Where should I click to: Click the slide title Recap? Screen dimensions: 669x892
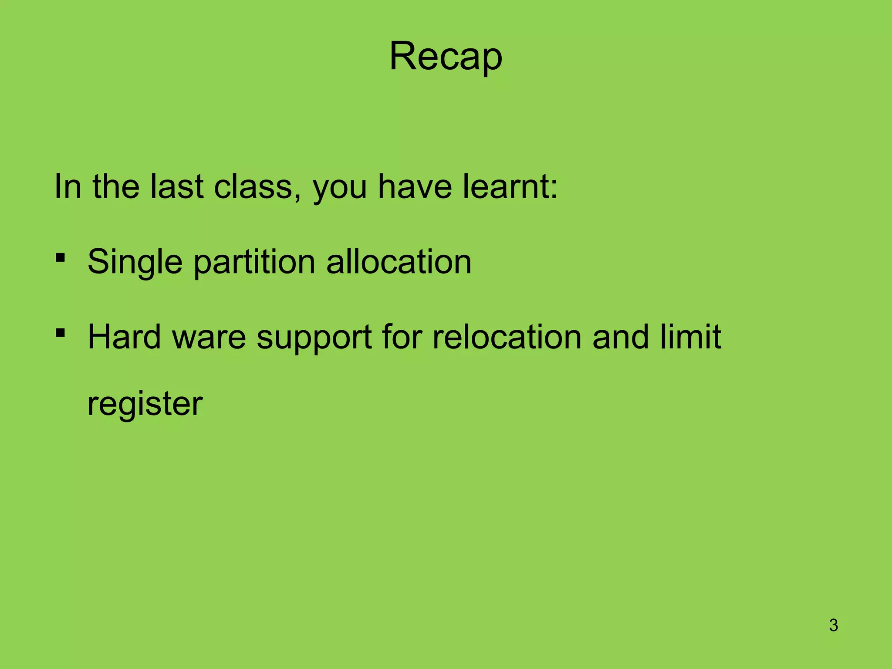click(x=446, y=57)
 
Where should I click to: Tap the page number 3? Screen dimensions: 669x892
click(x=833, y=625)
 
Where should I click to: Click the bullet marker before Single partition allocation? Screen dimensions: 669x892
click(x=61, y=258)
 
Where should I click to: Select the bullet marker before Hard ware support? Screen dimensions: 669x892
click(x=61, y=334)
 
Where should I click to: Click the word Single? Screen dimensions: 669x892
click(x=135, y=262)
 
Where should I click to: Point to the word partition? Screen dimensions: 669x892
click(x=254, y=262)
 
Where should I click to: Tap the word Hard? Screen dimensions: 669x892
click(x=124, y=337)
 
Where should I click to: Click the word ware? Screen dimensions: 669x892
click(x=209, y=338)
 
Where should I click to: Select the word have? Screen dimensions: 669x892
click(x=415, y=186)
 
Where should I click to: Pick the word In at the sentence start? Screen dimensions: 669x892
click(x=68, y=186)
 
